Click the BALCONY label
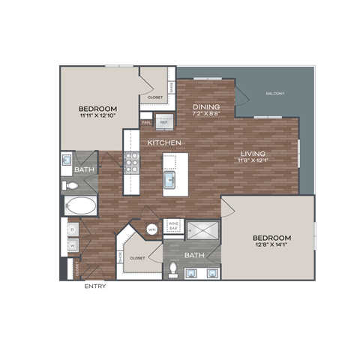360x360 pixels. [274, 94]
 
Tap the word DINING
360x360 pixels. [205, 107]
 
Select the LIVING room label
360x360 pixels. [252, 153]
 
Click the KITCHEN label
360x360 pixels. [162, 142]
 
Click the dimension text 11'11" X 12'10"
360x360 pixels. [97, 116]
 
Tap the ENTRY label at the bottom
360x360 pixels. [95, 286]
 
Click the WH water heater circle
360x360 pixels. [151, 229]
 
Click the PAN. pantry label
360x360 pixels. [147, 121]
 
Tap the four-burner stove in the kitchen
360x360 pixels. [131, 163]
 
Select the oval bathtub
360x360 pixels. [81, 205]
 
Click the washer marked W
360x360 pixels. [73, 245]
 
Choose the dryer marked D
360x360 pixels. [73, 228]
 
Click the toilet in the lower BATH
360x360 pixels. [174, 268]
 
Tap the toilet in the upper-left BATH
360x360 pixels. [68, 183]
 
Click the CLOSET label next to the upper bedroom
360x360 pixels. [155, 97]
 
